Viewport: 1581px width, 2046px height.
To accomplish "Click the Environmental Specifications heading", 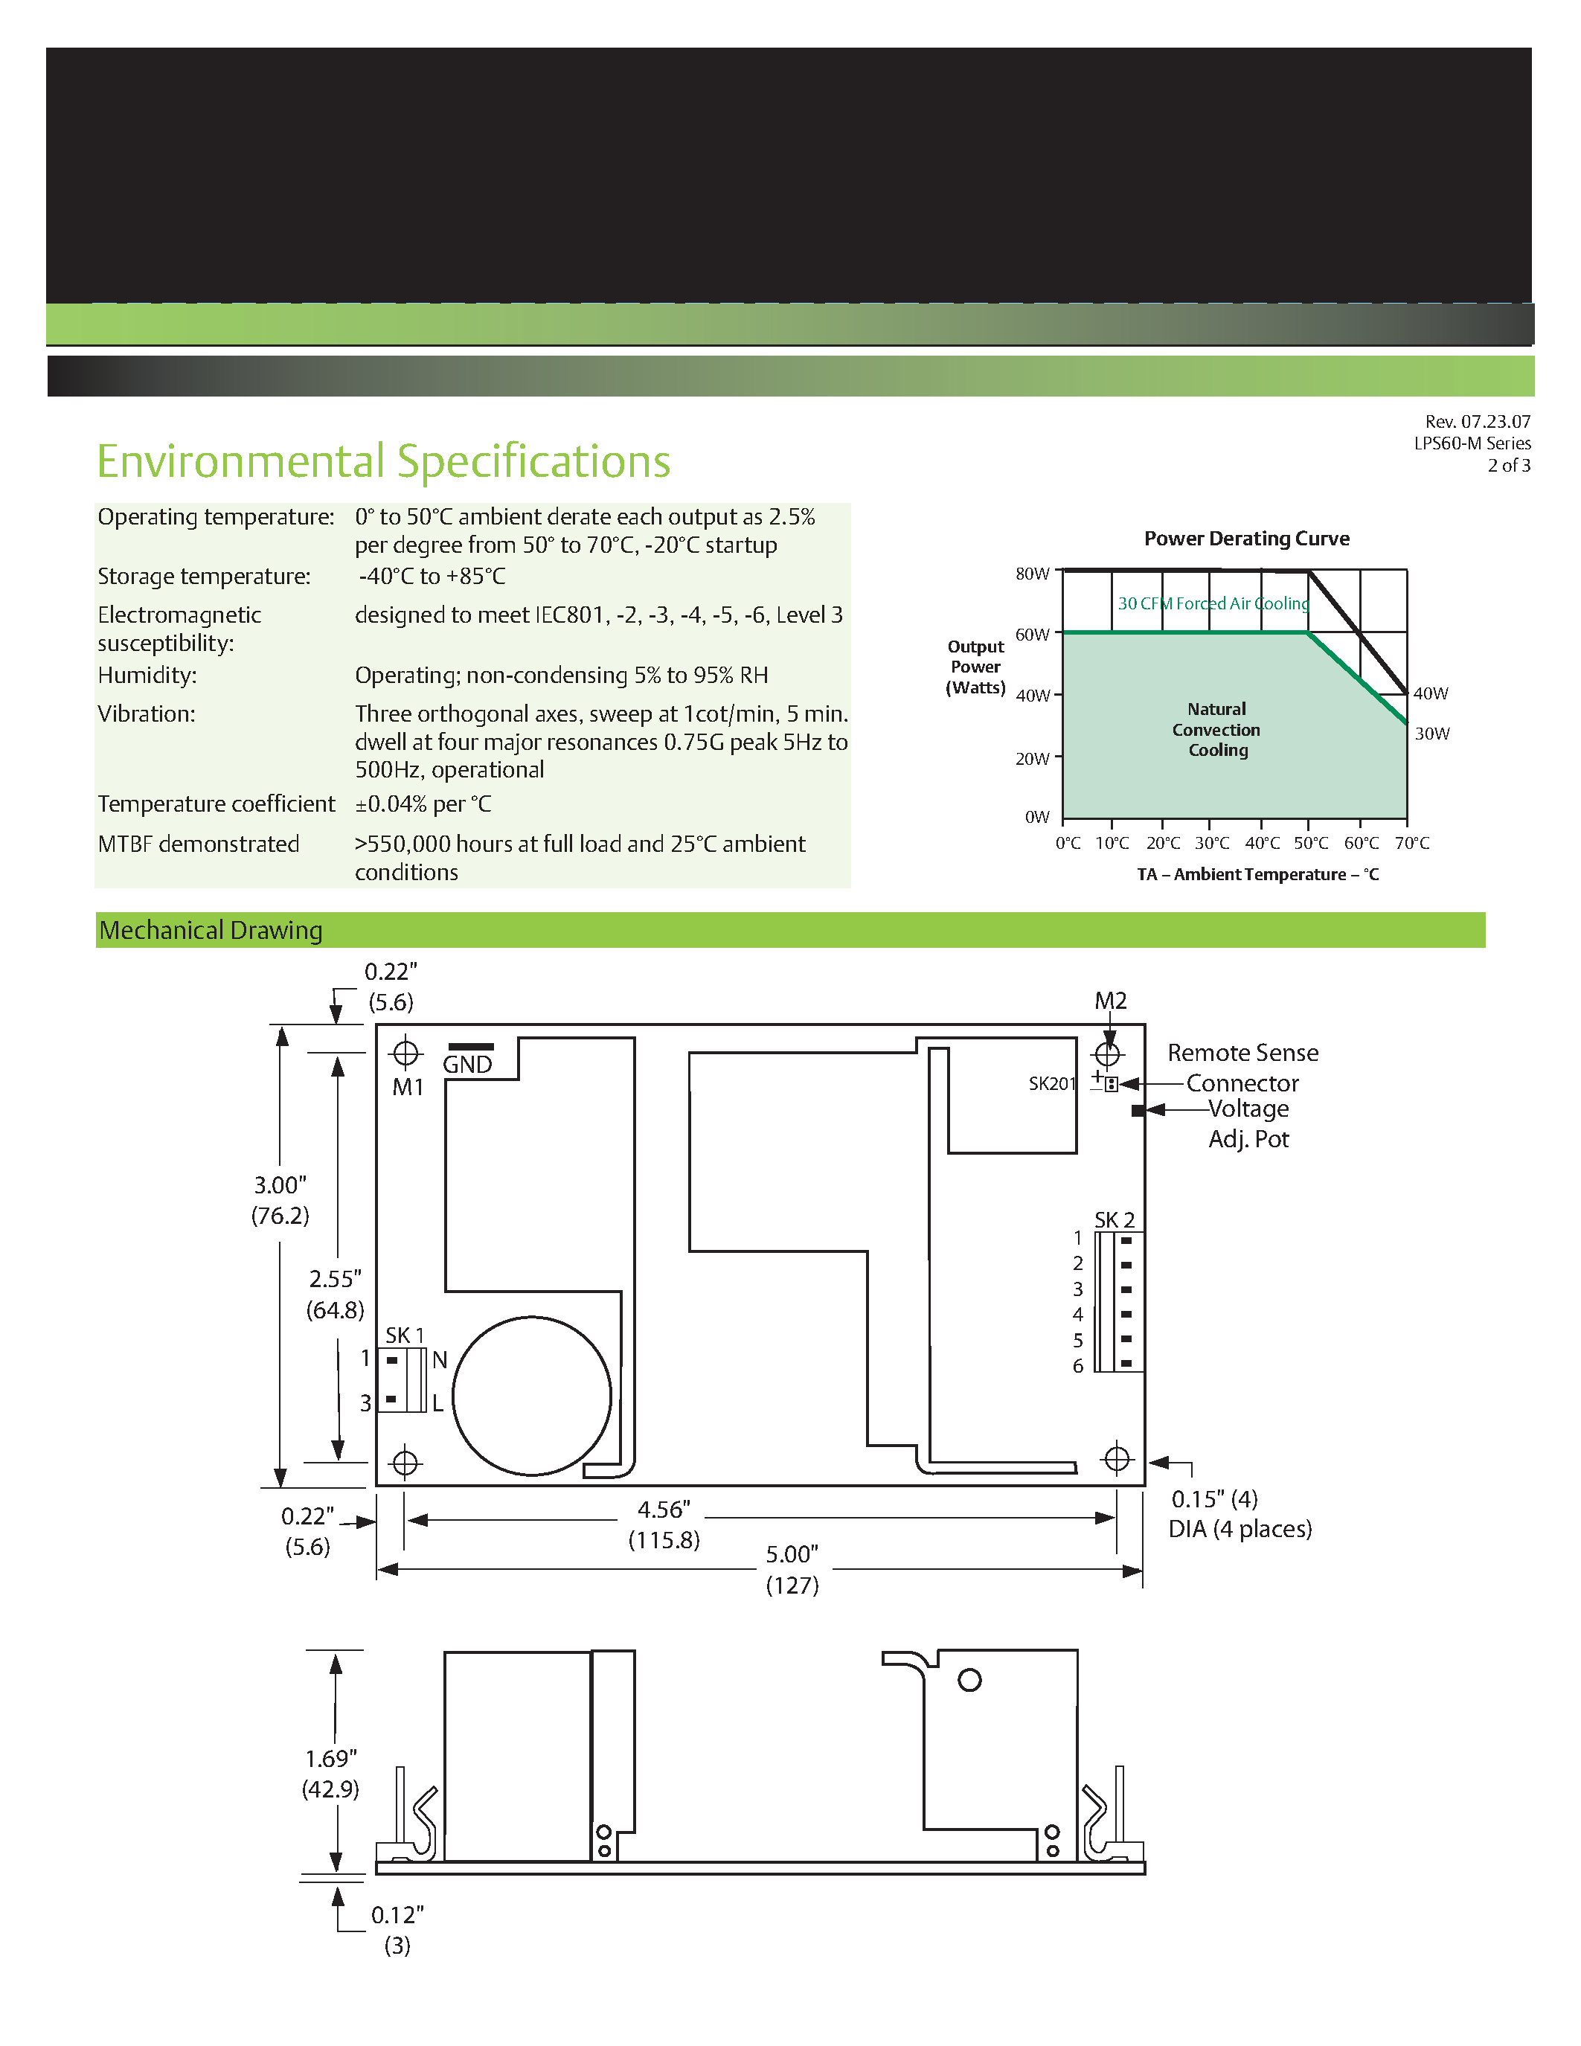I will pos(383,461).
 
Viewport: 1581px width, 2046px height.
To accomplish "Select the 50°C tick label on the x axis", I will pos(1310,843).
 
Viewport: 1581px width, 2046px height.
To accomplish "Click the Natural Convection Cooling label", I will pos(1216,730).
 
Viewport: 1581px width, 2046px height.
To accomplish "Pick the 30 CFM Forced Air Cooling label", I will pos(1213,603).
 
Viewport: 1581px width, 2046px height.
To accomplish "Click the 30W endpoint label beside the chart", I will pos(1431,734).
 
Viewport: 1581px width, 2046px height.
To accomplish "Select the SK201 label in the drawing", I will pos(1052,1084).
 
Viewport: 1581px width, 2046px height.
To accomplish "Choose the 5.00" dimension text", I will pos(792,1555).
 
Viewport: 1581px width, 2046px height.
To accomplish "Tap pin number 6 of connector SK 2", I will pos(1078,1367).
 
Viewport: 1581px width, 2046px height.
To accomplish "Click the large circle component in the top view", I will pos(531,1396).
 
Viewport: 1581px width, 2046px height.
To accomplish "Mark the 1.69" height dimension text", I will pos(330,1760).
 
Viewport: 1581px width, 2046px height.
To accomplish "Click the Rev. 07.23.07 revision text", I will pos(1477,422).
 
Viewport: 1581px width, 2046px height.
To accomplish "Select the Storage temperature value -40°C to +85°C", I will pos(432,576).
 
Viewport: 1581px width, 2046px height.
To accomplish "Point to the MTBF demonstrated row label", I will pos(199,844).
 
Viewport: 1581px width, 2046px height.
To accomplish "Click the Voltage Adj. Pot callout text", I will pos(1248,1123).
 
